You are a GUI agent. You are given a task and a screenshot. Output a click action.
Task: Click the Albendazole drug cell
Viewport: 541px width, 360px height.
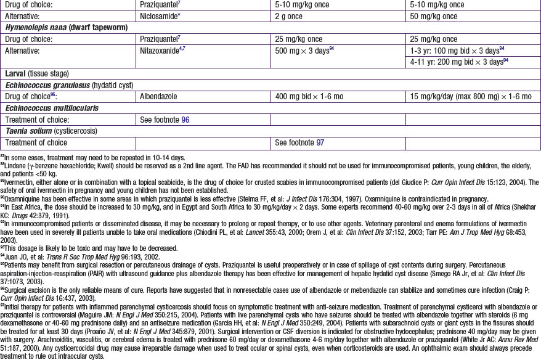[x=163, y=97]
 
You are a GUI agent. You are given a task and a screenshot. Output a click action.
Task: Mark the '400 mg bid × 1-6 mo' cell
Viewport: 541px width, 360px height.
[x=310, y=97]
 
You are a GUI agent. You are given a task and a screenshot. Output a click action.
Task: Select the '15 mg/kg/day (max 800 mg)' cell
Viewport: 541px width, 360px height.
[x=470, y=97]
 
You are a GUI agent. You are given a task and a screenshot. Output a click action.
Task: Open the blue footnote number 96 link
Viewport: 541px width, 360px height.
[x=185, y=120]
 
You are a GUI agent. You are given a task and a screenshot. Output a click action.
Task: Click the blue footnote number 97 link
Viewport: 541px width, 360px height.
[x=320, y=142]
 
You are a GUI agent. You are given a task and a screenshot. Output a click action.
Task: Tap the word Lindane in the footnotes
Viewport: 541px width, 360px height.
[x=18, y=165]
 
